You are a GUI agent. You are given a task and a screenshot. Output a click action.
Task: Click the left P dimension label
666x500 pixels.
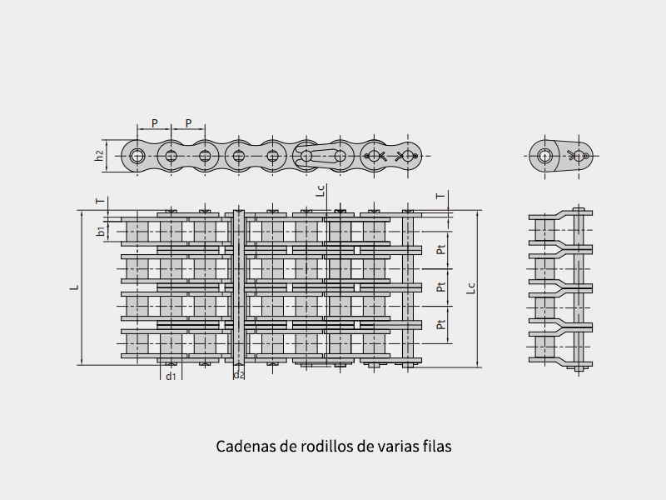pos(155,123)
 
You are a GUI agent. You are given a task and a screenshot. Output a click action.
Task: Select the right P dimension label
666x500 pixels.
pos(189,123)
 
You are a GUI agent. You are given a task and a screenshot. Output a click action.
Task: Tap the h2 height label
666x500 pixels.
pos(99,156)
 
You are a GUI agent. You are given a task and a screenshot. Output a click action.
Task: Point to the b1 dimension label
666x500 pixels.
pos(101,232)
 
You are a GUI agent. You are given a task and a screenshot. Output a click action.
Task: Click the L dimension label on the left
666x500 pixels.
pos(75,287)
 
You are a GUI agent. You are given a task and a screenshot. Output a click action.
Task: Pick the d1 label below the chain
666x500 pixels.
pos(171,376)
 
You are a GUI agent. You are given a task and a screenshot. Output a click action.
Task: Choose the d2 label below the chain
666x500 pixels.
pos(239,374)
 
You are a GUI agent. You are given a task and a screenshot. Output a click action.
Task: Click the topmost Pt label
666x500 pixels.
pos(441,249)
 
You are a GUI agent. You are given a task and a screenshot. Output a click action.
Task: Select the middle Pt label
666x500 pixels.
pos(441,287)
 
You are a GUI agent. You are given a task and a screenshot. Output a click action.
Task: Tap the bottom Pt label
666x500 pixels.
pos(441,324)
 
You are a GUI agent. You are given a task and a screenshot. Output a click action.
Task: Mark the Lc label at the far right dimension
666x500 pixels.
pos(470,288)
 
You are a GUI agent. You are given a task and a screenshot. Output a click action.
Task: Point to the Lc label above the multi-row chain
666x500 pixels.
pos(321,191)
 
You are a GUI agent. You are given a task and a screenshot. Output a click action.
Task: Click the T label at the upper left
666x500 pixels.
pos(100,201)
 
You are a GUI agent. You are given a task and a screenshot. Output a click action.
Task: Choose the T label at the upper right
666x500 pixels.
pos(441,196)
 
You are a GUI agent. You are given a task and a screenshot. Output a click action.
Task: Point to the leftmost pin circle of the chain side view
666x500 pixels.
pos(137,156)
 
